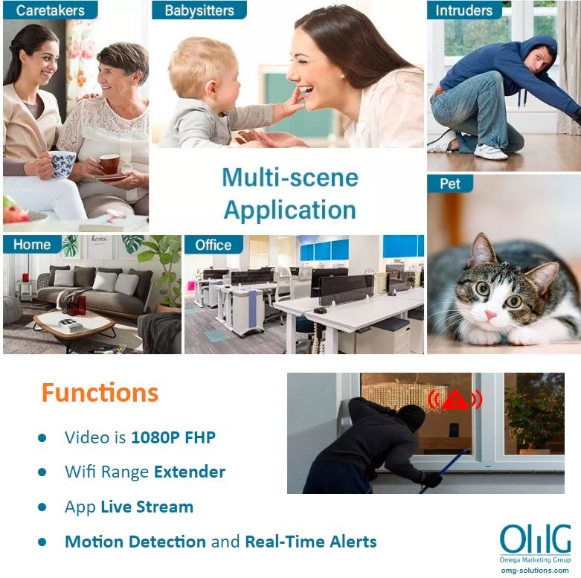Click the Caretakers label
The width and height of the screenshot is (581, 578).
(x=51, y=10)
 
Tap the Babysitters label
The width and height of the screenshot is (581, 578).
(x=199, y=10)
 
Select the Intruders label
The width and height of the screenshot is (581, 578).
(x=464, y=10)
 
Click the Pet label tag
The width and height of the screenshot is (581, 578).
(x=450, y=184)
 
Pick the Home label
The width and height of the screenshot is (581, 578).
(x=32, y=245)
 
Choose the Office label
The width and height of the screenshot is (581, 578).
(x=214, y=245)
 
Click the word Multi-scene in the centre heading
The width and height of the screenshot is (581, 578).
(x=290, y=178)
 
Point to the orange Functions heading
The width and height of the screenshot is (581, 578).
(x=100, y=393)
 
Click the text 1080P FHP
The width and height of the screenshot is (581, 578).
(x=173, y=437)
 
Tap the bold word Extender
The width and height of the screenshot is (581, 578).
(x=190, y=472)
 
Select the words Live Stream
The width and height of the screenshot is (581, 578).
(x=147, y=507)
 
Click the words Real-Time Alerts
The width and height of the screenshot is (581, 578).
(x=311, y=542)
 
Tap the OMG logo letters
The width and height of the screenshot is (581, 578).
(x=536, y=539)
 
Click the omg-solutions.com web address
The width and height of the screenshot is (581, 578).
(x=535, y=571)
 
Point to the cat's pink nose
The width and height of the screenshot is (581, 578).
(x=491, y=315)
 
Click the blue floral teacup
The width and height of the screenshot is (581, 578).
(x=62, y=164)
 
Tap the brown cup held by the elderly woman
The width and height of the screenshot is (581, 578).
(x=109, y=164)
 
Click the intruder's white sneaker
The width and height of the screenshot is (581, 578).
(x=490, y=151)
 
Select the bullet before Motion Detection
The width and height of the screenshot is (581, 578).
(x=42, y=542)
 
